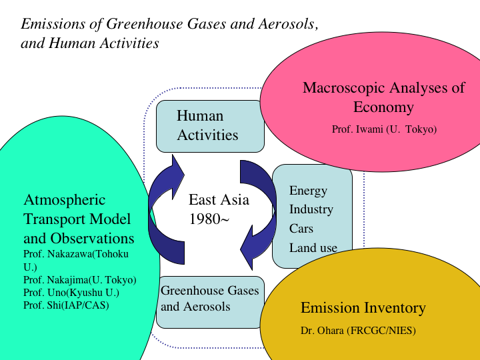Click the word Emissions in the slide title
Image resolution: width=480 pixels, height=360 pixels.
point(53,24)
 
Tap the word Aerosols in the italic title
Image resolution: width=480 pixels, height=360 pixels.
point(289,24)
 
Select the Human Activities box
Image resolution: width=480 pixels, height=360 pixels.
point(210,126)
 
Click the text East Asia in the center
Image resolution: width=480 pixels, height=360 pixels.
point(219,199)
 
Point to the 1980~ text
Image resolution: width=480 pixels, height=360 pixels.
point(209,219)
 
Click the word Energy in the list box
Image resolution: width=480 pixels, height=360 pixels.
point(308,191)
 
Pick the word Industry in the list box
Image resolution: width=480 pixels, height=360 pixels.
point(311,209)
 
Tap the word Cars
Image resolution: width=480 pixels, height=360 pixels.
point(301,229)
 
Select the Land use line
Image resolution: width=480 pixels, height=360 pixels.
point(313,247)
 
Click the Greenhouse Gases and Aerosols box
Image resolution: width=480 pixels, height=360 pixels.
point(210,302)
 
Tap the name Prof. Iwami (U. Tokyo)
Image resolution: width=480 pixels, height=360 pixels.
point(384,129)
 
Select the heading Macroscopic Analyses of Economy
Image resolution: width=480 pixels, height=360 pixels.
point(383,97)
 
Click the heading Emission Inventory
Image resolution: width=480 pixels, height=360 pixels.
point(363,307)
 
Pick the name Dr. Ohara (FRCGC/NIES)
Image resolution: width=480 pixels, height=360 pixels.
point(358,331)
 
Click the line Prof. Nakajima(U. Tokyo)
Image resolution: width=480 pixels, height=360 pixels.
point(79,280)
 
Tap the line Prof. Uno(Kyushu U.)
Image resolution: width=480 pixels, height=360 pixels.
point(71,293)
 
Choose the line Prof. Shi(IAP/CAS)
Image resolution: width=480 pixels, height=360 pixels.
point(66,305)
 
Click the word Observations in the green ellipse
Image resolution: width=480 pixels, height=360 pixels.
point(92,239)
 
